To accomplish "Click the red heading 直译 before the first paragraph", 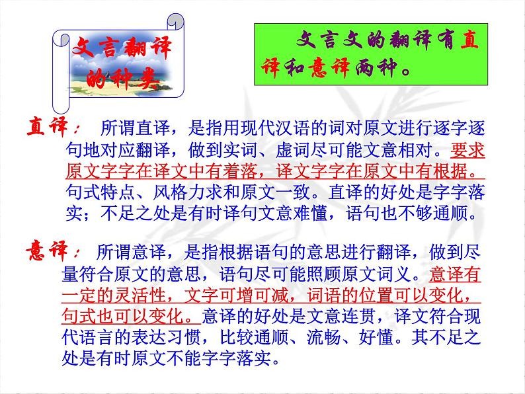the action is tap(47, 127).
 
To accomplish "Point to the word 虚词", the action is tap(294, 149).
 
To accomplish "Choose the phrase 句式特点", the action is tap(101, 192).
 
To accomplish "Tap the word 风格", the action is tap(171, 192).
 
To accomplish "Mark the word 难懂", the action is tap(311, 214).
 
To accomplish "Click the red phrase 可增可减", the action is tap(254, 295).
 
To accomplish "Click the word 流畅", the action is tap(325, 337).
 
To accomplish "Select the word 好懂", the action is tap(377, 337).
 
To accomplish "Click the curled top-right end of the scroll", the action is tap(175, 21).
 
